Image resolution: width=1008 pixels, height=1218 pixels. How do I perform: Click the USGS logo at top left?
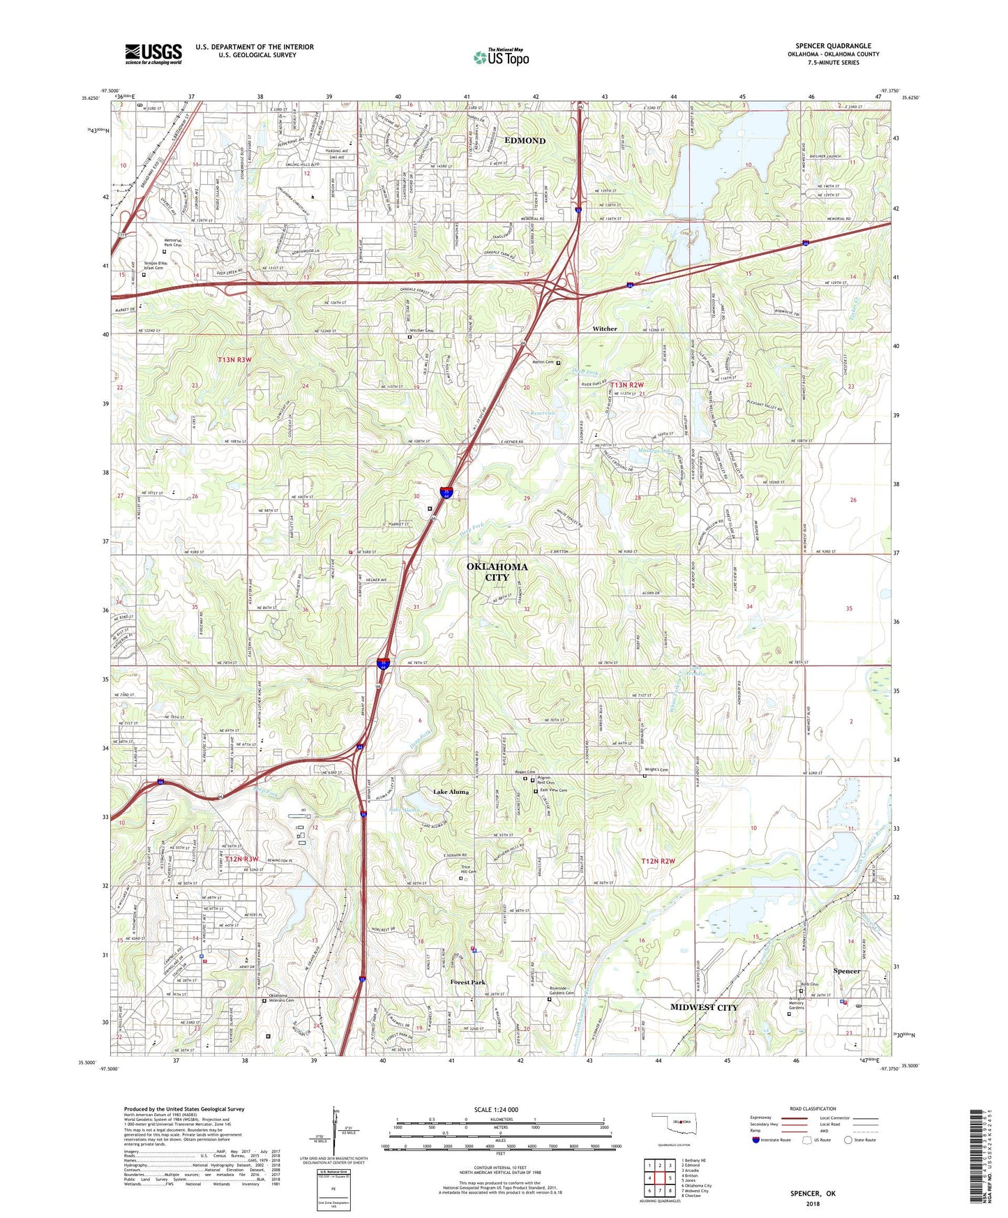click(x=153, y=54)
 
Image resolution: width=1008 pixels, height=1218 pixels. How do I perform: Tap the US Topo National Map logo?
click(x=501, y=57)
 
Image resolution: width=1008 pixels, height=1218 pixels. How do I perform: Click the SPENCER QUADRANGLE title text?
click(x=833, y=46)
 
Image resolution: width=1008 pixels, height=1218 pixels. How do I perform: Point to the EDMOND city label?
click(x=525, y=141)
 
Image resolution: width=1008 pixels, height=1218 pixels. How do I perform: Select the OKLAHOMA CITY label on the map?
click(x=497, y=572)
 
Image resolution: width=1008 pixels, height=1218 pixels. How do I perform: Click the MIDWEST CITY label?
click(x=704, y=1007)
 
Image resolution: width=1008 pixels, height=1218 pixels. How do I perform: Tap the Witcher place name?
click(x=604, y=329)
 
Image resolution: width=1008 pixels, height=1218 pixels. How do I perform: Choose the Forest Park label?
click(x=467, y=982)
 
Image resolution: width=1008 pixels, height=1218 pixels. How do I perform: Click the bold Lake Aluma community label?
click(x=451, y=792)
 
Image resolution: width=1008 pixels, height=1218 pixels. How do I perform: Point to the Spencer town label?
click(x=847, y=971)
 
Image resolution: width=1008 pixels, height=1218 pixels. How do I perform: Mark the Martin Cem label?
click(x=543, y=362)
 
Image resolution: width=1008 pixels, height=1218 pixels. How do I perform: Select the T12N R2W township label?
click(x=658, y=862)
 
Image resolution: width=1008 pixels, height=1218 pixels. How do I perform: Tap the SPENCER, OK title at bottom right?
click(x=813, y=1194)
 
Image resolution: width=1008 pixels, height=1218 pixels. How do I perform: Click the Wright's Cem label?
click(x=656, y=770)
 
